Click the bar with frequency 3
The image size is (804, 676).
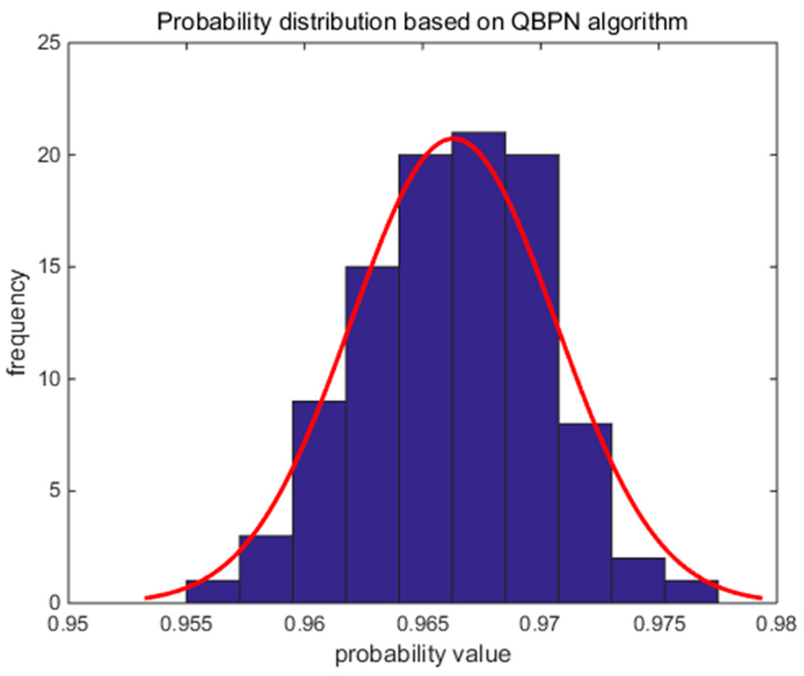coord(266,569)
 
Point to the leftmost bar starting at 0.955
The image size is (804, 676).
coord(213,592)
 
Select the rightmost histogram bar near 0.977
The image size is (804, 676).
coord(691,592)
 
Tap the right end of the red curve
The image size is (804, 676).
coord(760,598)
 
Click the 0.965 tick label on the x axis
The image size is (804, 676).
coord(424,624)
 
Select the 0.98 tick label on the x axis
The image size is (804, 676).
coord(776,624)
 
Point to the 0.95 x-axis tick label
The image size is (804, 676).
coord(69,624)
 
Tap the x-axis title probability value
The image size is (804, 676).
coord(423,654)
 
